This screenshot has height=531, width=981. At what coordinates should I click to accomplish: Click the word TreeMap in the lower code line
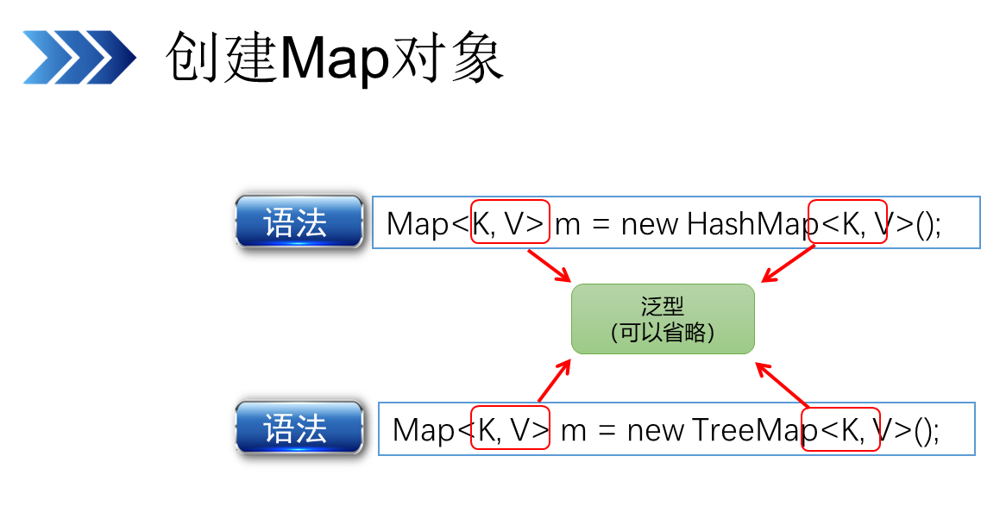coord(747,429)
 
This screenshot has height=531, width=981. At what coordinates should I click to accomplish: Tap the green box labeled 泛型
coord(663,319)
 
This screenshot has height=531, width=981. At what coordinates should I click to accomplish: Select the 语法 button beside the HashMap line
coord(299,222)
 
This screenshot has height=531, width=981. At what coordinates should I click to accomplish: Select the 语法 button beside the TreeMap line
coord(299,428)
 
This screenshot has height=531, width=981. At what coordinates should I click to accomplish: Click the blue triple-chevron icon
coord(79,57)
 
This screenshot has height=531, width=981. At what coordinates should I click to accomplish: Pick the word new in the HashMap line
coord(650,224)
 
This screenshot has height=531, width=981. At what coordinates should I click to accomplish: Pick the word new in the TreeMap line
coord(656,429)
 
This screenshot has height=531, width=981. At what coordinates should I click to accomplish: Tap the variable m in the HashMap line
coord(568,225)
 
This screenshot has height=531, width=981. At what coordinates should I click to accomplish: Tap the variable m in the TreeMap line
coord(574,430)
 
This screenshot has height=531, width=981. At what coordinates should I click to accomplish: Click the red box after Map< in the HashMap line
coord(511,222)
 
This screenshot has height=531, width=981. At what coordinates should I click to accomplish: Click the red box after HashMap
coord(847,222)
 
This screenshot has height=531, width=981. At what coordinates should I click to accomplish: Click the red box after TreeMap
coord(840,429)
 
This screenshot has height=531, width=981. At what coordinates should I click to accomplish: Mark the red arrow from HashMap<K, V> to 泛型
coord(788,263)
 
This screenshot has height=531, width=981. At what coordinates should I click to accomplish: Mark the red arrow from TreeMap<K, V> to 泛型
coord(783,384)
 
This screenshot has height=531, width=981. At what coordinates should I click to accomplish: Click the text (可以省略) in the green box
coord(663,333)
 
